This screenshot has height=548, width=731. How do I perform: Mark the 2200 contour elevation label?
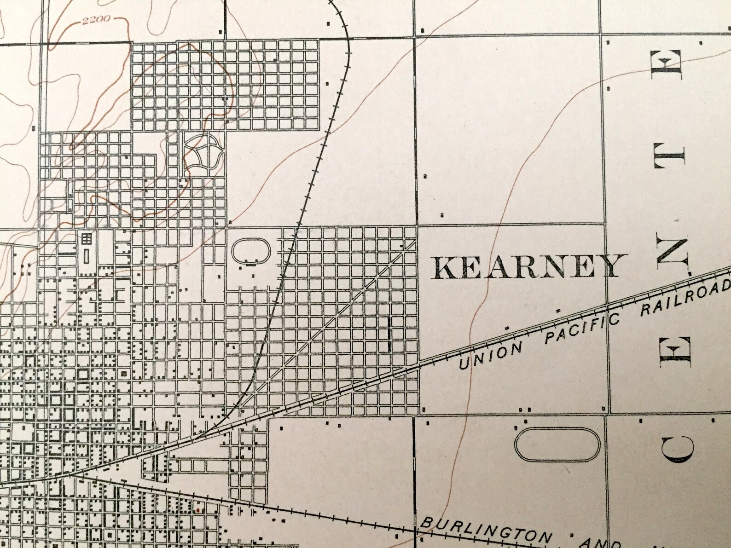click(97, 20)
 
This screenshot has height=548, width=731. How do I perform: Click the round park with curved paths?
click(203, 152)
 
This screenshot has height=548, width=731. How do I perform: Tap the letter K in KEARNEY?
click(444, 268)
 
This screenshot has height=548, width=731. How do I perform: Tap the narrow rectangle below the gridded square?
click(87, 255)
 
